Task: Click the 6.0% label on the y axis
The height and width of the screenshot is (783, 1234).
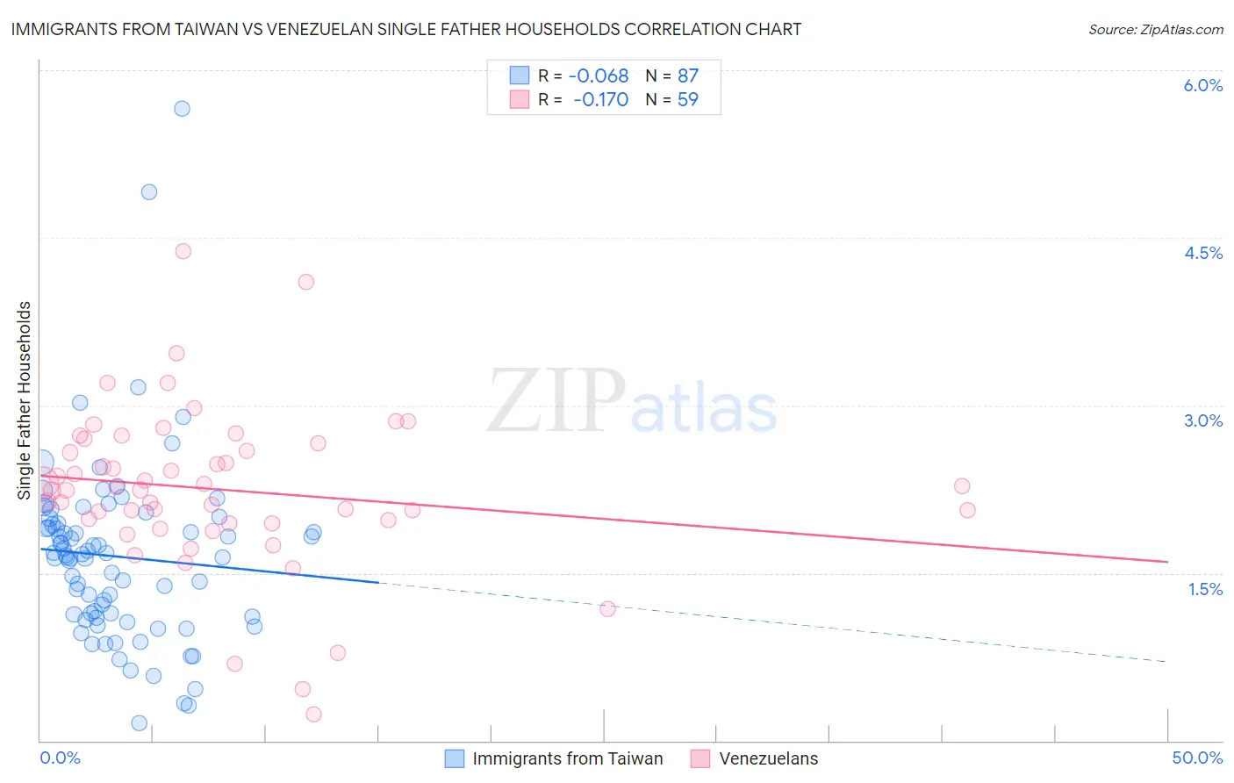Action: point(1202,85)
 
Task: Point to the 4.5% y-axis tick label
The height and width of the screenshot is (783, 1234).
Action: point(1202,253)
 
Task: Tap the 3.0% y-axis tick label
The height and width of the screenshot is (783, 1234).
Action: point(1202,420)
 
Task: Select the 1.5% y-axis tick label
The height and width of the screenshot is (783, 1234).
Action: point(1205,589)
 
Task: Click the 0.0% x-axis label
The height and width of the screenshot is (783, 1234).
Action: point(60,758)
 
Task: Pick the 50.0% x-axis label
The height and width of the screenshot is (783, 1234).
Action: point(1197,758)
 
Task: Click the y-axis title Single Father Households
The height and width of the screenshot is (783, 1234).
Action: point(25,400)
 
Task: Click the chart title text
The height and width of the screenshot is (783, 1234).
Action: point(405,29)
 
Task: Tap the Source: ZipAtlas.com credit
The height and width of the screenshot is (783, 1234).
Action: point(1155,29)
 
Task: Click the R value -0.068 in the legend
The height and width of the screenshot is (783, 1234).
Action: point(598,76)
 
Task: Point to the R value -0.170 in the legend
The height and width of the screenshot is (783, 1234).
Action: point(600,100)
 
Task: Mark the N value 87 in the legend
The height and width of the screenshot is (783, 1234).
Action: point(688,76)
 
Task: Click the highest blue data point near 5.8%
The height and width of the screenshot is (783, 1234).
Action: point(182,109)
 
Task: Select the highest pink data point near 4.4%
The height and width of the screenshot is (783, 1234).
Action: point(183,251)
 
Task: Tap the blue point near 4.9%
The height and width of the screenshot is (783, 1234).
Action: point(149,192)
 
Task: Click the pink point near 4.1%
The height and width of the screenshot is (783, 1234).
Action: point(306,282)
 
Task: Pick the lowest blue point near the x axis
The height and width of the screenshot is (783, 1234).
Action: point(139,723)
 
